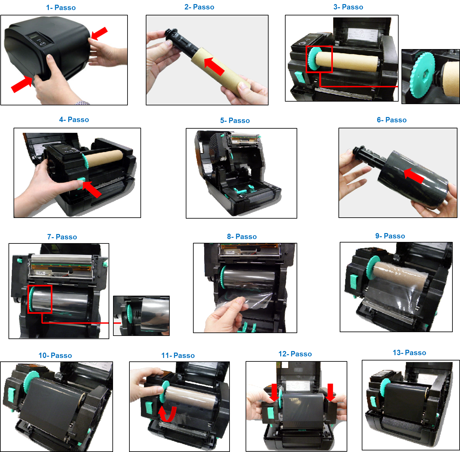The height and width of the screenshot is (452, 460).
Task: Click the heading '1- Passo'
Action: pos(61,8)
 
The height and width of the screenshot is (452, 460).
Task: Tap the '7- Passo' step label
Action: pos(62,237)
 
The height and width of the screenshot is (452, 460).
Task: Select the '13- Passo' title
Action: pos(409,353)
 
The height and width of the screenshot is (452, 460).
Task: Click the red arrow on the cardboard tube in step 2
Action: pos(214,66)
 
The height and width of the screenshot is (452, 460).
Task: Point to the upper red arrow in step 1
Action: pos(99,33)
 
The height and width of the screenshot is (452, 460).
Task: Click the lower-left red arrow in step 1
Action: pos(21,84)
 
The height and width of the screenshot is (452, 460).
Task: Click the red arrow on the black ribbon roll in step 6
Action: pos(414,176)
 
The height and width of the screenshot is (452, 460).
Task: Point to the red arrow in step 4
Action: pos(92,189)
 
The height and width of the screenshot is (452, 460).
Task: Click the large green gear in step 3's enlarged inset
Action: pos(422,75)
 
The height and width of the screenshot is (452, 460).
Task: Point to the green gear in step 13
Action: pos(384,388)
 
